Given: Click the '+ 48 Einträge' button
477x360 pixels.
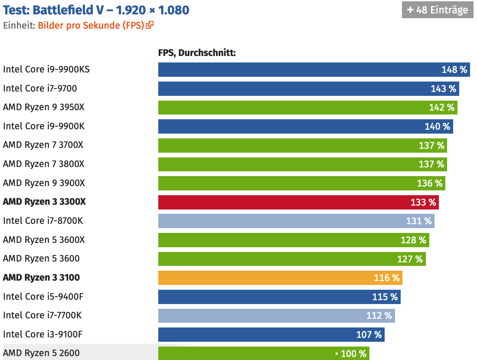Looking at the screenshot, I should coord(438,10).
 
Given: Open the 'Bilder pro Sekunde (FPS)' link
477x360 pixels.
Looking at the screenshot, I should coord(91,25).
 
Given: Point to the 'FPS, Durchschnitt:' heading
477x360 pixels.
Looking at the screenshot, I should coord(197,53).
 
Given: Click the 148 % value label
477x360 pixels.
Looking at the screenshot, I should coord(454,69).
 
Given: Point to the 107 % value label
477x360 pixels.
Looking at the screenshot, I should coord(369,334).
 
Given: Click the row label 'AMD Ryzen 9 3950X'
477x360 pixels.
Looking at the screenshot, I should coord(44,107).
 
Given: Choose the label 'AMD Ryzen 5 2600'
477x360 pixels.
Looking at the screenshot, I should coord(41,353).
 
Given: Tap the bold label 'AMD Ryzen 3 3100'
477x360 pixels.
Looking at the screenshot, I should coord(41,278).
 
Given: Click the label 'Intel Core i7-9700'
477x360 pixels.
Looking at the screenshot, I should coord(40,88).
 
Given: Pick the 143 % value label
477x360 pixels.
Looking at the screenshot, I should coord(444,88).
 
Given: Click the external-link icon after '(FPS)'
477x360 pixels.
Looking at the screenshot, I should coord(150,25).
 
